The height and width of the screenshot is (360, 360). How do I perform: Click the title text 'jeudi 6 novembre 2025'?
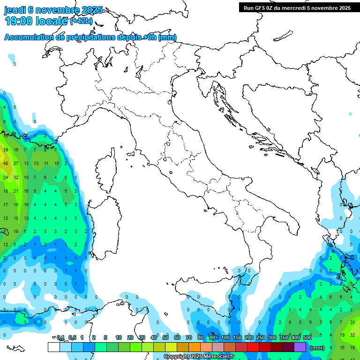pyautogui.click(x=53, y=10)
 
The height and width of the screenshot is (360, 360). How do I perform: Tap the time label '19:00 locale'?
pyautogui.click(x=36, y=21)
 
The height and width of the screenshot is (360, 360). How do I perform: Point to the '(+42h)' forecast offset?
pyautogui.click(x=82, y=21)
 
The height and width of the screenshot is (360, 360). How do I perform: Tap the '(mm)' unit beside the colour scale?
pyautogui.click(x=317, y=348)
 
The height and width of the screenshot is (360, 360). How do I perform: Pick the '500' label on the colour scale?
pyautogui.click(x=307, y=337)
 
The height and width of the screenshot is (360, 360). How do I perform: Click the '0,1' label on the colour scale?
pyautogui.click(x=60, y=337)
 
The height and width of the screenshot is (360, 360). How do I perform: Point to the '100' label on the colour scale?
pyautogui.click(x=225, y=337)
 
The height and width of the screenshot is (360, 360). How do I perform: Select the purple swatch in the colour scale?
pyautogui.click(x=300, y=347)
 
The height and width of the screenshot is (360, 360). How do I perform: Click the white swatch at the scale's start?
pyautogui.click(x=53, y=347)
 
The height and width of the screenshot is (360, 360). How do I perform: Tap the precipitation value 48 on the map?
pyautogui.click(x=6, y=164)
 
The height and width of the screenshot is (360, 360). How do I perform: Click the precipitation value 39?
pyautogui.click(x=6, y=150)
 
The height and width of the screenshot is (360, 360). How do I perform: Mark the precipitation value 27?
pyautogui.click(x=16, y=164)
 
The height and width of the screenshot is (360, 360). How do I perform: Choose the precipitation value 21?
pyautogui.click(x=16, y=191)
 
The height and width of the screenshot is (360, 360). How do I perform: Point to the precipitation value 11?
pyautogui.click(x=46, y=164)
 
